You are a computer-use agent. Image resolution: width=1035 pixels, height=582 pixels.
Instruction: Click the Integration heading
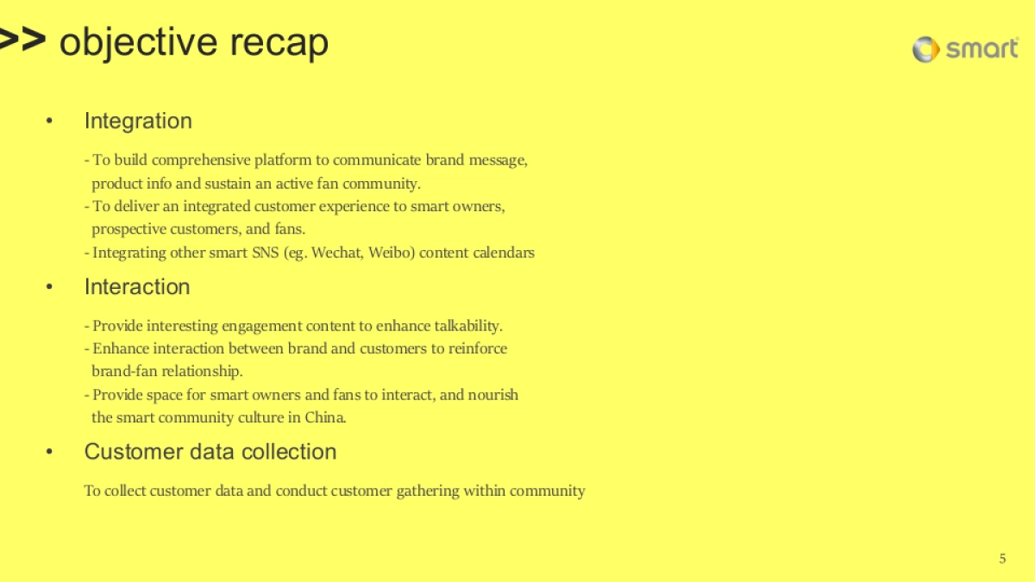138,121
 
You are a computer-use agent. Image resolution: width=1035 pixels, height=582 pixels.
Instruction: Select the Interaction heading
137,286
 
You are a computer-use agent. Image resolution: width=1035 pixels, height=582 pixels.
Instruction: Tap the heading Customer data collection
210,452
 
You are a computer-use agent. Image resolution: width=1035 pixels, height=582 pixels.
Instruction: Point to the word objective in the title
138,42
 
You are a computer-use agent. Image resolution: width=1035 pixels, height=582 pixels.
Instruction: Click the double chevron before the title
22,41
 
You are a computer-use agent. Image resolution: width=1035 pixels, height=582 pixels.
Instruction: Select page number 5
1002,559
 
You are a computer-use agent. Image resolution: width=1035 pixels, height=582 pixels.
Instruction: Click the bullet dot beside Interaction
50,287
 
